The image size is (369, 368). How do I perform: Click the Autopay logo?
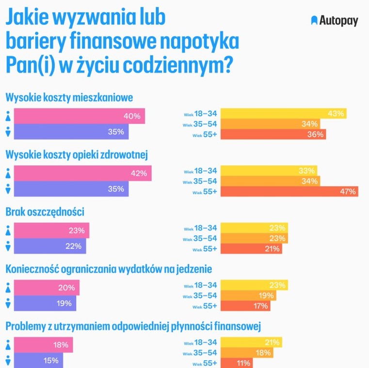coord(334,20)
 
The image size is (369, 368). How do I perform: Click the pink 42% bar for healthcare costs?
coord(83,173)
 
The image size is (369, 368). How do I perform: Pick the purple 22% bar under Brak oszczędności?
coord(50,246)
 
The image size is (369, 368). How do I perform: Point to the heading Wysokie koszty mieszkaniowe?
coord(69,97)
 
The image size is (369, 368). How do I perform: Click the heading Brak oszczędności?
coord(45,212)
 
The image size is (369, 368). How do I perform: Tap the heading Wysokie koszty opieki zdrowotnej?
coord(77,154)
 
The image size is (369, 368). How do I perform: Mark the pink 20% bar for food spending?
coord(47,288)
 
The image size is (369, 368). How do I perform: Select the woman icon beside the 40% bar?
coord(8,117)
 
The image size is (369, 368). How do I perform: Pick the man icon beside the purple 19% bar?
coord(8,304)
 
